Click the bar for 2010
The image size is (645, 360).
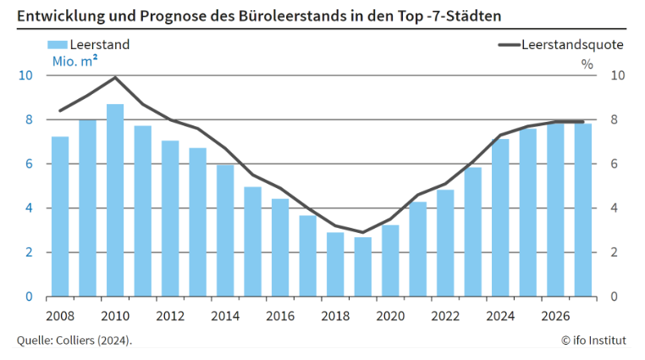(115, 201)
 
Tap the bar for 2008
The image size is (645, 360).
(60, 217)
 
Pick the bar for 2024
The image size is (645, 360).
(500, 218)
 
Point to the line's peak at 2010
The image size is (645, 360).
(115, 77)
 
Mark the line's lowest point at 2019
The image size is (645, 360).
(362, 232)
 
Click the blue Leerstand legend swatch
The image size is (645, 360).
(56, 45)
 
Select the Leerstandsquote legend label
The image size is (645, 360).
(573, 45)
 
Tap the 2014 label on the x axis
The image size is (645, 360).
(225, 316)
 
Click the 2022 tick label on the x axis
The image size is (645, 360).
(445, 316)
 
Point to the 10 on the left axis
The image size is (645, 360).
(25, 75)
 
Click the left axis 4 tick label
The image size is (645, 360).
(28, 208)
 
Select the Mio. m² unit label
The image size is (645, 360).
(74, 61)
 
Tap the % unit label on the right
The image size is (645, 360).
(587, 62)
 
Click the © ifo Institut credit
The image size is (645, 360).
(593, 341)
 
